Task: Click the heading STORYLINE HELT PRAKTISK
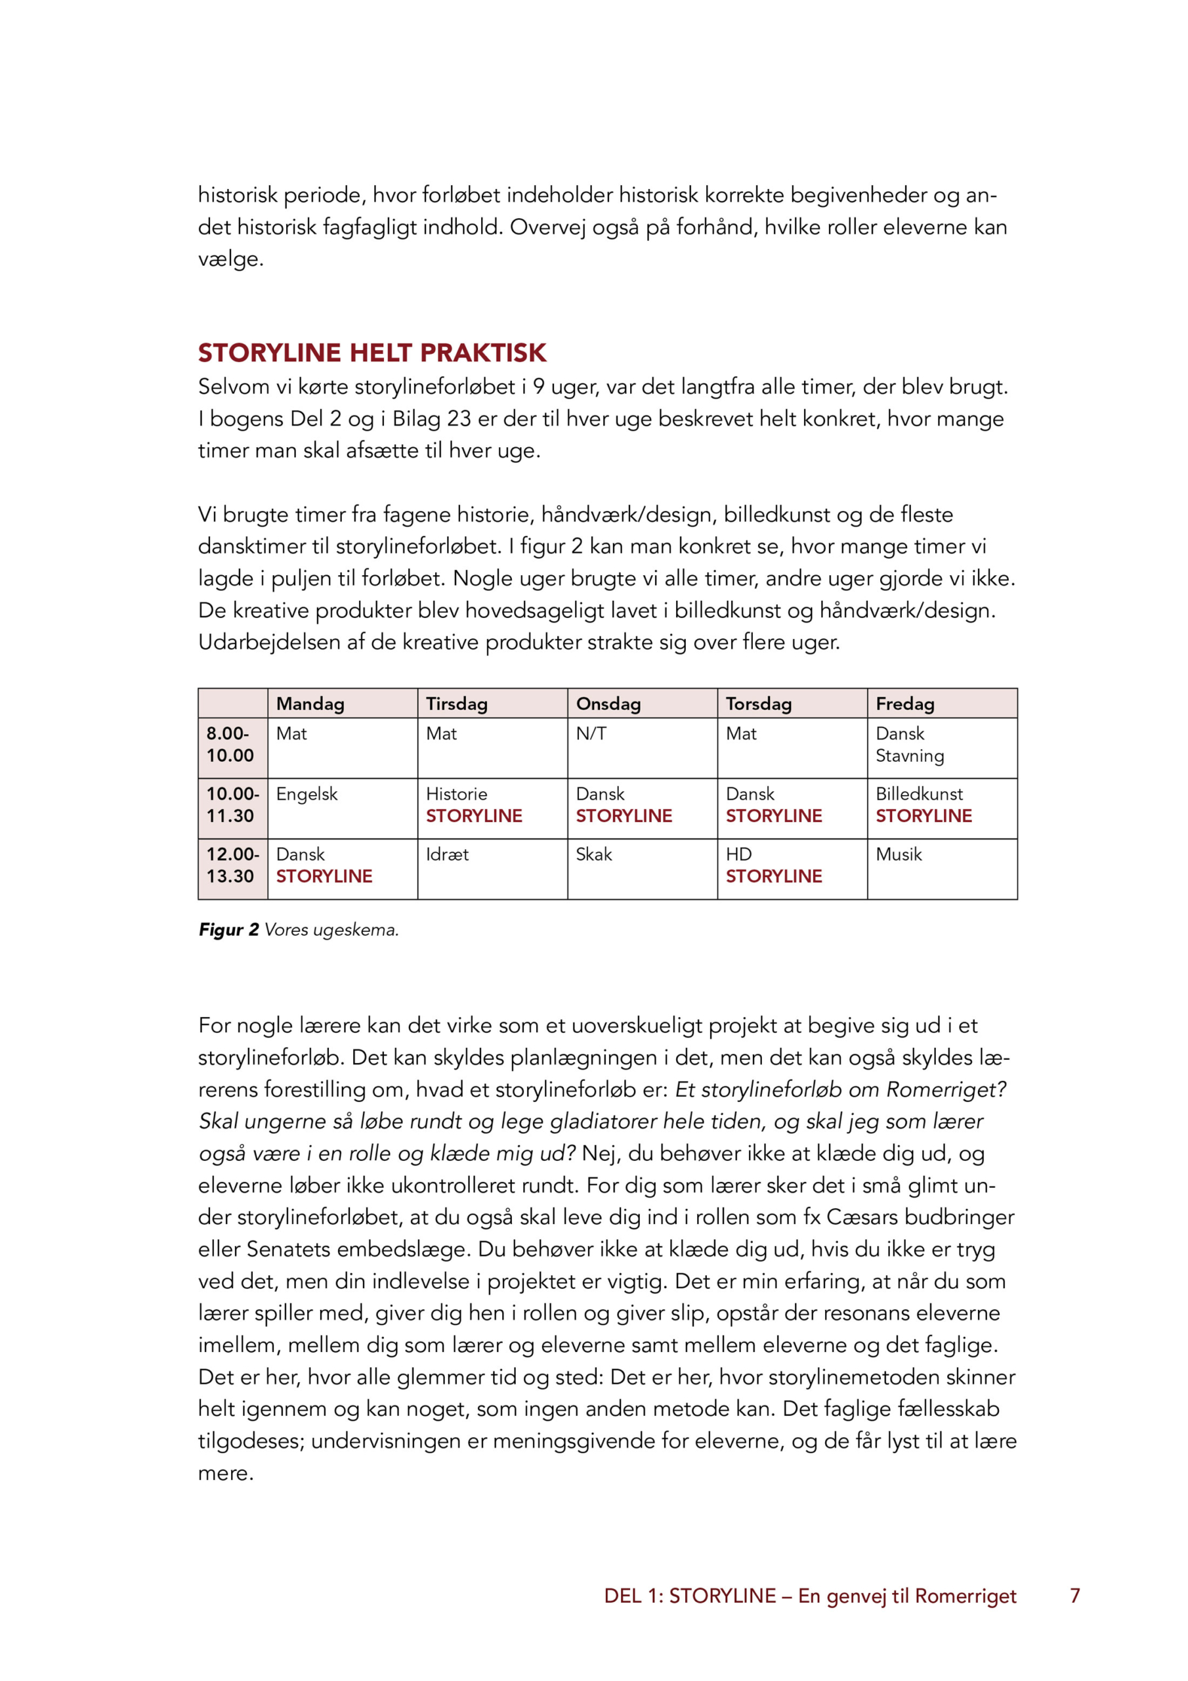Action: pos(372,353)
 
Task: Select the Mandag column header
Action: pos(310,703)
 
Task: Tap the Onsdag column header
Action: pos(608,703)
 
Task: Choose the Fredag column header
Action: pos(904,703)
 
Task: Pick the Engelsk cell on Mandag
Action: pos(307,795)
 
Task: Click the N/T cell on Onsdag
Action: pos(591,733)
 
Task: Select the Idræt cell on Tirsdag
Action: pos(447,854)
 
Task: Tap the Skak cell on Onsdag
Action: pos(593,854)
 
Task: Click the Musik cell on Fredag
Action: pos(899,854)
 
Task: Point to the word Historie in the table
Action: pos(457,795)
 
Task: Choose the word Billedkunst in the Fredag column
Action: pos(920,795)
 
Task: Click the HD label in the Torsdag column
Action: pos(738,854)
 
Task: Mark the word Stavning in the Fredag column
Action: pos(910,756)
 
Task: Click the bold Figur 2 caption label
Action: pos(228,930)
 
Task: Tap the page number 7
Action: pos(1074,1596)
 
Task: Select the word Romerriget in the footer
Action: pos(965,1596)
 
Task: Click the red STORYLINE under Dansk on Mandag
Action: pos(324,877)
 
